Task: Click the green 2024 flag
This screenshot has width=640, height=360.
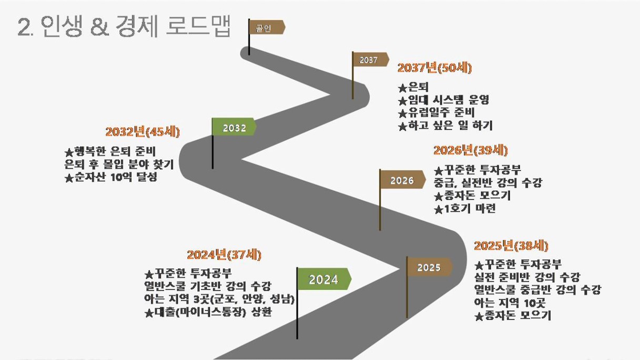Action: pos(324,279)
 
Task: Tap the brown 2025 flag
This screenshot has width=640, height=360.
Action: pos(429,267)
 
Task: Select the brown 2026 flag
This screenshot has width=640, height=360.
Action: pos(402,179)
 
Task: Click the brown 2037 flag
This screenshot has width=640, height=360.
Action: pos(371,59)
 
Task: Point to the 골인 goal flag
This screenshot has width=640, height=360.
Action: pos(267,27)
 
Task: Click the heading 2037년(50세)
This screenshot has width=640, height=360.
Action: pos(435,68)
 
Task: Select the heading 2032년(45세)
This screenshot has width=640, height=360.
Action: pos(143,132)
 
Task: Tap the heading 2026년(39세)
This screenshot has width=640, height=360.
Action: pos(471,151)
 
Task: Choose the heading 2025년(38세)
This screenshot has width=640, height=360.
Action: pos(511,246)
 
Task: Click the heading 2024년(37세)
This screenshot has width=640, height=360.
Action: pos(224,255)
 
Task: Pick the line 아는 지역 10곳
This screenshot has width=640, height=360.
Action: pos(509,302)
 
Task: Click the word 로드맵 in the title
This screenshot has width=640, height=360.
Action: pos(198,26)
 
